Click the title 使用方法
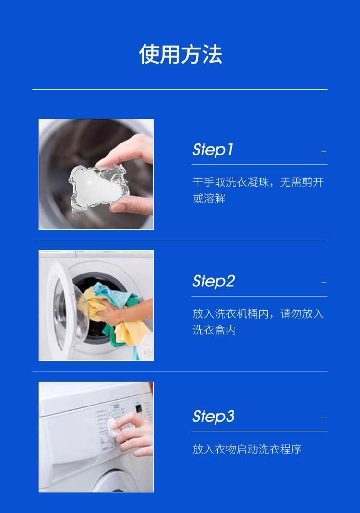click(180, 54)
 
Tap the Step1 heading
click(213, 150)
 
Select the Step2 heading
click(214, 281)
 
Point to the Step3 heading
click(214, 417)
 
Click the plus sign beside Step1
click(324, 151)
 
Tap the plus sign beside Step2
click(324, 283)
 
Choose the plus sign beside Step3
click(324, 418)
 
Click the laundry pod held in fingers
click(98, 187)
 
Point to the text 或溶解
click(209, 199)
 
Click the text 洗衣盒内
click(214, 330)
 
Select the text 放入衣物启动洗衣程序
click(247, 449)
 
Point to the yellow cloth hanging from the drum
click(129, 331)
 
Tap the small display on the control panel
click(139, 409)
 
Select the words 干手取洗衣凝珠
click(230, 182)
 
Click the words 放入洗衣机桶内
click(230, 314)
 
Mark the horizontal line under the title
click(180, 89)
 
